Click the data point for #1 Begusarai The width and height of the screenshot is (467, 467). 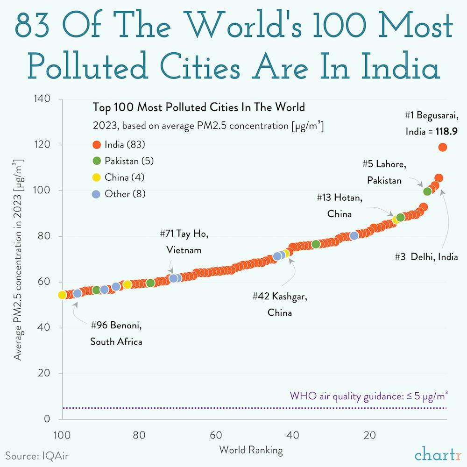[442, 147]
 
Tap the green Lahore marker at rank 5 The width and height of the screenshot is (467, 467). [427, 191]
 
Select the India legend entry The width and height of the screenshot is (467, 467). [118, 145]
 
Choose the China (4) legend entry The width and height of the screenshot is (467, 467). [118, 177]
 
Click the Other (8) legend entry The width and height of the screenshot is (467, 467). [119, 194]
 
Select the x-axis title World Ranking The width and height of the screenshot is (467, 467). [251, 450]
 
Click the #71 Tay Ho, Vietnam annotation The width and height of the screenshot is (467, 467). [184, 242]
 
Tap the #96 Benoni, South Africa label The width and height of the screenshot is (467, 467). [116, 333]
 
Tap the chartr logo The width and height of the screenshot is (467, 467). [438, 453]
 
